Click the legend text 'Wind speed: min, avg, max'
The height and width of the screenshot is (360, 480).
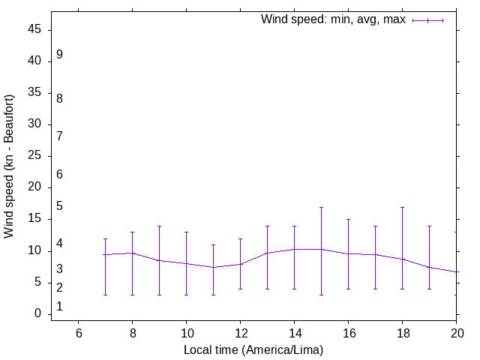333,19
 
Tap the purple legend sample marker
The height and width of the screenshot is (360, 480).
428,20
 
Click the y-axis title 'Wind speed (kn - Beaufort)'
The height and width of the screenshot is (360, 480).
9,166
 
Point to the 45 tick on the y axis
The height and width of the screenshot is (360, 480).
36,30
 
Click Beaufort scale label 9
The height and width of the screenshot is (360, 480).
59,55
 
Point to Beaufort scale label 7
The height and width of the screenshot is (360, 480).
59,136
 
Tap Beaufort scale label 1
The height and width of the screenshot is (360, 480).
59,307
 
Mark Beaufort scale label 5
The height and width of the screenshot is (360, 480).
59,206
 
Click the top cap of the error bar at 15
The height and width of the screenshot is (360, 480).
321,207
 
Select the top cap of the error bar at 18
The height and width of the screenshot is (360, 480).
402,207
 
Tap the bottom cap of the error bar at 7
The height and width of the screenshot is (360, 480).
105,295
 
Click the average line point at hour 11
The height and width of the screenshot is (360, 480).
213,267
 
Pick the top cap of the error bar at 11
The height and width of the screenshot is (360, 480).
213,244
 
